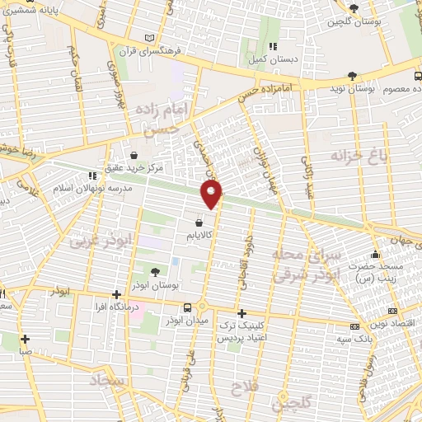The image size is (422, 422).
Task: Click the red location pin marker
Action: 213,195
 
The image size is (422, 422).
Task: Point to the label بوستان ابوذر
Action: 155,284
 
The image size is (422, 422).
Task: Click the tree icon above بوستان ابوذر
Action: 155,271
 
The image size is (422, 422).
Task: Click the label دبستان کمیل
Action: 273,59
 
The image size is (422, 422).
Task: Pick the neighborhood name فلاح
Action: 246,387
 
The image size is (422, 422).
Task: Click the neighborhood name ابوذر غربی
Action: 91,242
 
